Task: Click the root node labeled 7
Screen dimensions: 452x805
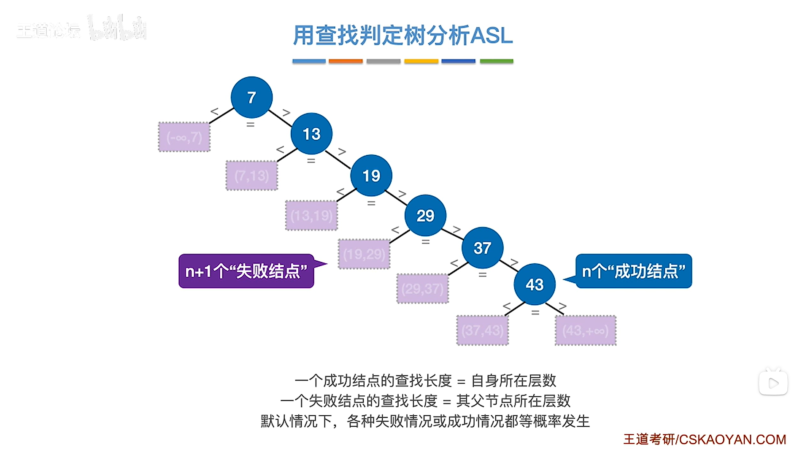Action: point(251,97)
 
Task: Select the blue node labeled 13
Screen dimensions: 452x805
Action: point(311,134)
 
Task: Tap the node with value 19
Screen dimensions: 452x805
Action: point(371,176)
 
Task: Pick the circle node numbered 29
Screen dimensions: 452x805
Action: point(425,216)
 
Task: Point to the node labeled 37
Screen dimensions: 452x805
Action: point(482,248)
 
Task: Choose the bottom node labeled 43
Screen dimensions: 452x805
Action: point(534,284)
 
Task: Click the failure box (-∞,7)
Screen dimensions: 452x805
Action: point(184,137)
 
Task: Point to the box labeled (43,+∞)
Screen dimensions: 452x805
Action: point(585,330)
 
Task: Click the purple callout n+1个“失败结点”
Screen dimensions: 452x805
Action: point(246,271)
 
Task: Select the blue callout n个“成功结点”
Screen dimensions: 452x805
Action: point(633,271)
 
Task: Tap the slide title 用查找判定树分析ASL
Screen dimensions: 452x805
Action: point(402,35)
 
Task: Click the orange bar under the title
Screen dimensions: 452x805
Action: point(346,61)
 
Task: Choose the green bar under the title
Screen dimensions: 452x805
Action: point(496,61)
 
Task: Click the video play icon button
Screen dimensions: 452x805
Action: point(773,383)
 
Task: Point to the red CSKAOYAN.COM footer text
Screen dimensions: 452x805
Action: point(704,439)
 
